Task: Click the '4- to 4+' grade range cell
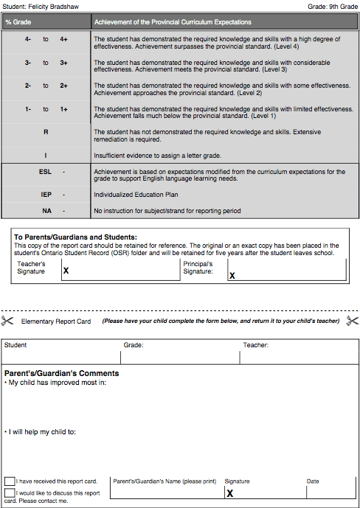pyautogui.click(x=46, y=39)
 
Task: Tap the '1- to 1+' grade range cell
pyautogui.click(x=46, y=110)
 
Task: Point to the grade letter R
pyautogui.click(x=46, y=132)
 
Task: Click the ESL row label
pyautogui.click(x=46, y=172)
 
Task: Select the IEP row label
pyautogui.click(x=46, y=195)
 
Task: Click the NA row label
pyautogui.click(x=46, y=211)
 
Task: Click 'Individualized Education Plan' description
pyautogui.click(x=136, y=195)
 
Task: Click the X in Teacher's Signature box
pyautogui.click(x=66, y=271)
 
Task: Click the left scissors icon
pyautogui.click(x=8, y=321)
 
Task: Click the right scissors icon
pyautogui.click(x=352, y=321)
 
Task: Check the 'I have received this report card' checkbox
pyautogui.click(x=10, y=481)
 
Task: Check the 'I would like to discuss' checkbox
pyautogui.click(x=10, y=493)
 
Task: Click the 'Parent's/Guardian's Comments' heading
pyautogui.click(x=61, y=373)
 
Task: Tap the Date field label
pyautogui.click(x=313, y=481)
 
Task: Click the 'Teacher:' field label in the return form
pyautogui.click(x=256, y=345)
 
